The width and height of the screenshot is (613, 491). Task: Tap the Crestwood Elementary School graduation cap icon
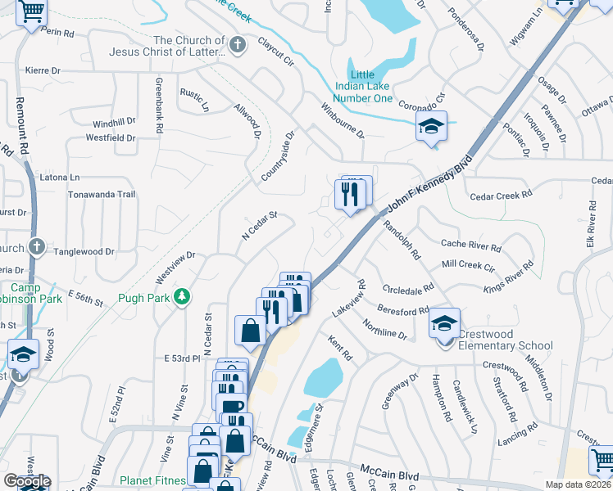(444, 323)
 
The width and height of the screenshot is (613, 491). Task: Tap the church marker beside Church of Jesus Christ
(238, 45)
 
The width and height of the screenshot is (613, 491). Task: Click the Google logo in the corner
(26, 481)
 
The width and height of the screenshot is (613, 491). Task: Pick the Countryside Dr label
(278, 156)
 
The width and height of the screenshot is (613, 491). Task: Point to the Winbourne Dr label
(342, 120)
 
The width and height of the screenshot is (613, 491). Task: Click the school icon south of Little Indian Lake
(431, 127)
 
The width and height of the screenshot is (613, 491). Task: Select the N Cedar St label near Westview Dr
(260, 227)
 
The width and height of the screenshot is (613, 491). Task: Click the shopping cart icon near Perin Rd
(32, 12)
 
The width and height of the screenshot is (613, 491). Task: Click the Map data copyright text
(578, 484)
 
